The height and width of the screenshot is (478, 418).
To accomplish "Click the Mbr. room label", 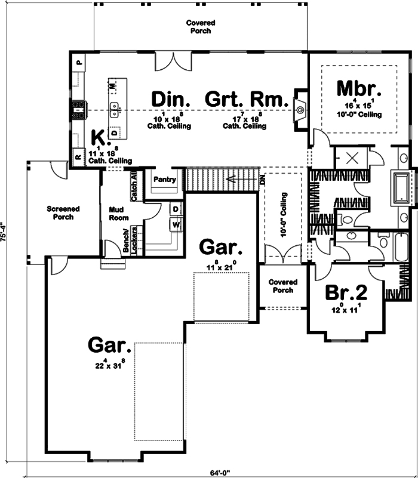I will pos(358,88).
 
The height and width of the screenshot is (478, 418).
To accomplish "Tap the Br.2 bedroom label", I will pos(345,293).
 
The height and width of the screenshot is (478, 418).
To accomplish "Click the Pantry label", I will pos(164,179).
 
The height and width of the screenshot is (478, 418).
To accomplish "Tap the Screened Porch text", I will pos(63,213).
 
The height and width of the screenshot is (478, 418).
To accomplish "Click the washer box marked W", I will pos(176,224).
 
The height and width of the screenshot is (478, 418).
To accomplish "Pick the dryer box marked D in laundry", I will pos(176,209).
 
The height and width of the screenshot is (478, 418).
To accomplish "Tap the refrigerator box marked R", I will pos(78,158).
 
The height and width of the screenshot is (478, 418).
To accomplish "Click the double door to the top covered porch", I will pos(173,61).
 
